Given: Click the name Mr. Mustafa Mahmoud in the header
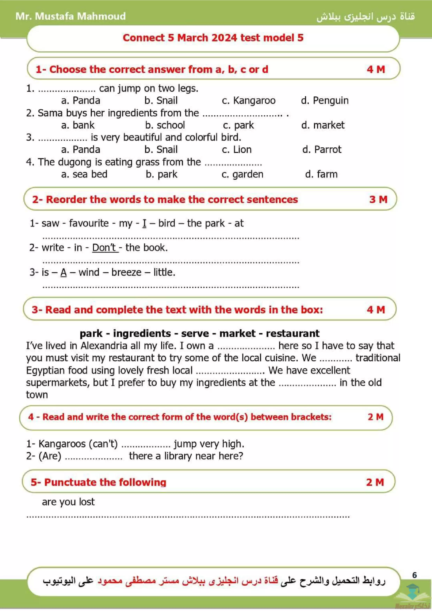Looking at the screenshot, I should click(71, 16).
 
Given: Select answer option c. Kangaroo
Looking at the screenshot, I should click(249, 101).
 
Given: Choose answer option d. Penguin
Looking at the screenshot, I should click(325, 101).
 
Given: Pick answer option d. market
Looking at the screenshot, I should click(323, 125).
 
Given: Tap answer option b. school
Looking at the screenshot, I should click(165, 125).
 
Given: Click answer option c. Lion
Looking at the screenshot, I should click(237, 150).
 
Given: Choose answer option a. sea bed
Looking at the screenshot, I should click(84, 174).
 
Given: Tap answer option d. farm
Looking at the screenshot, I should click(321, 174).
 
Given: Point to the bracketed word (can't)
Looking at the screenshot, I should click(103, 444).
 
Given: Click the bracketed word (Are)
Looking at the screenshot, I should click(50, 456).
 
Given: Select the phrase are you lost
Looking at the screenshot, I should click(68, 502).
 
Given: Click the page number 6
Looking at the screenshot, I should click(414, 575).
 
